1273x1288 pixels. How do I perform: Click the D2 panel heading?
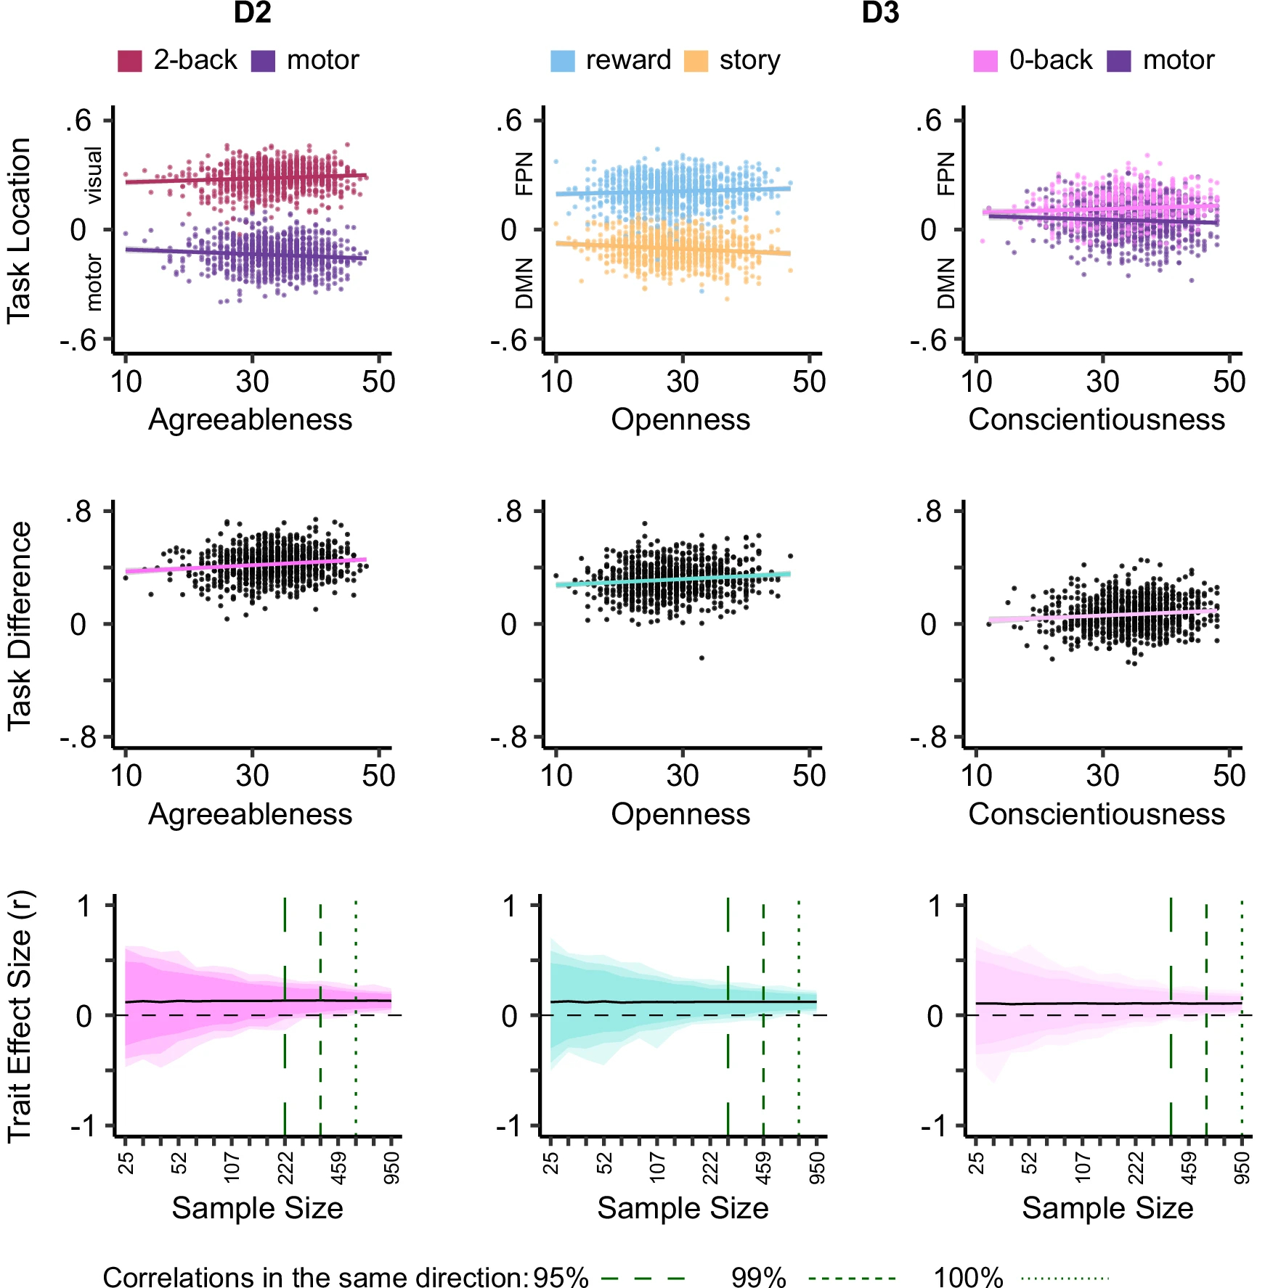coord(252,14)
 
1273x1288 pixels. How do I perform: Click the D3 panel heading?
coord(880,14)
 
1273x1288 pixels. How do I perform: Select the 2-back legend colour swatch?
coord(129,61)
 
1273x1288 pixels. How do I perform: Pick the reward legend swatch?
coord(563,61)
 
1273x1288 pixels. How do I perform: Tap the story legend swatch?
coord(696,61)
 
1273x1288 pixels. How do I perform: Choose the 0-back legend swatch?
coord(985,61)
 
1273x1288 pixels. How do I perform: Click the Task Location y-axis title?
coord(20,230)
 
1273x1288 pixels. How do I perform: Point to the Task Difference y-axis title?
coord(20,625)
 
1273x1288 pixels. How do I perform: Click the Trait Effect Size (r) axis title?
coord(20,1016)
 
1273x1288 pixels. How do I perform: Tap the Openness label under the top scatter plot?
coord(680,420)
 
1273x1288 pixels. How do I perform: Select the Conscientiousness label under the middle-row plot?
coord(1097,815)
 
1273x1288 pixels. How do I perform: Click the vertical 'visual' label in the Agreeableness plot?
coord(94,176)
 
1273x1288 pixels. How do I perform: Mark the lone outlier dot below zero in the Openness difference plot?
coord(701,658)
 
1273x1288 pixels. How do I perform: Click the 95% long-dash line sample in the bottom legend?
coord(643,1278)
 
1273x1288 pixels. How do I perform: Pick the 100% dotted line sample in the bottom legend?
coord(1065,1278)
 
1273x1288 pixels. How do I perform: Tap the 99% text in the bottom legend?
coord(758,1278)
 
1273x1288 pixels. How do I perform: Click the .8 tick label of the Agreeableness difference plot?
coord(78,512)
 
